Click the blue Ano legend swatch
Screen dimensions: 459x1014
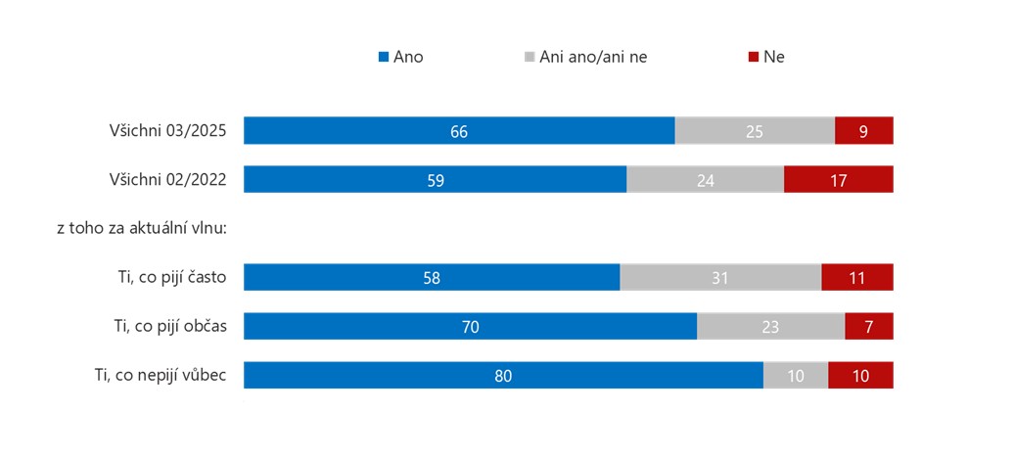(384, 57)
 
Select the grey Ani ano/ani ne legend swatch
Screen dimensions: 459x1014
(530, 57)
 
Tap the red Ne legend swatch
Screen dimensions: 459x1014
(754, 57)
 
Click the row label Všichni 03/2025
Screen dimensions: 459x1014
(168, 131)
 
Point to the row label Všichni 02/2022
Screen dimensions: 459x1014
(168, 180)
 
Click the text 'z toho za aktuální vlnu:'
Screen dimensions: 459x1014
(142, 228)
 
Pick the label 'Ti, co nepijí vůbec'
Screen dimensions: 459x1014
(161, 375)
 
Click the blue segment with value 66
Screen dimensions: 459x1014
(459, 131)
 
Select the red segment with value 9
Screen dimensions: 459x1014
(863, 131)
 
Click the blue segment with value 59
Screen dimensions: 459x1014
(435, 180)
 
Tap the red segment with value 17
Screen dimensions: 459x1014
(838, 180)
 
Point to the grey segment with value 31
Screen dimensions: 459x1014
(720, 278)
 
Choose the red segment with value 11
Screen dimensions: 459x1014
(856, 278)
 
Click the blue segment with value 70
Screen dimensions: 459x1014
(470, 327)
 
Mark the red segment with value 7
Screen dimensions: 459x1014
(869, 327)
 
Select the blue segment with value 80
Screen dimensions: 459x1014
(503, 376)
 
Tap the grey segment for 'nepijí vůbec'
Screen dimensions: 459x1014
(796, 376)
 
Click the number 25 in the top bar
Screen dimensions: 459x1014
(755, 131)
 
